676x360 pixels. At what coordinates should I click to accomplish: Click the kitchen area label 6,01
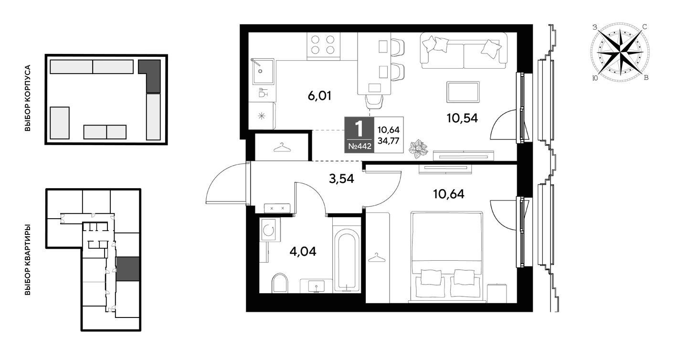[319, 95]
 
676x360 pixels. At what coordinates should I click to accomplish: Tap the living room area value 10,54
[462, 118]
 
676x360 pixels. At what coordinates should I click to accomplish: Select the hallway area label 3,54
[341, 179]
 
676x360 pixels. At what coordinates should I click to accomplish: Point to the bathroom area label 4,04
[303, 251]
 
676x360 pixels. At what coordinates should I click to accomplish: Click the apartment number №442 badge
[359, 147]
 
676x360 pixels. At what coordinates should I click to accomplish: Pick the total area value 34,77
[389, 141]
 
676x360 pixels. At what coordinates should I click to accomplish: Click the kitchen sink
[263, 72]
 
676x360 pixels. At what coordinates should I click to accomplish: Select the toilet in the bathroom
[280, 283]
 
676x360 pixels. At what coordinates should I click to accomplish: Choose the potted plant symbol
[418, 149]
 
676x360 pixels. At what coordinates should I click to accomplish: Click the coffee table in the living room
[463, 92]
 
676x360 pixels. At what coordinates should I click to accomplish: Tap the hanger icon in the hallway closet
[282, 148]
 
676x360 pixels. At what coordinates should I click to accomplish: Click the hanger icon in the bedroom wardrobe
[377, 257]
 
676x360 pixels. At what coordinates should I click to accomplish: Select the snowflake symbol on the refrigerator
[261, 116]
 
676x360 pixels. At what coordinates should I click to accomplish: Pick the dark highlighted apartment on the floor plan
[127, 269]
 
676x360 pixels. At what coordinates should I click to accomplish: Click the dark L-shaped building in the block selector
[150, 76]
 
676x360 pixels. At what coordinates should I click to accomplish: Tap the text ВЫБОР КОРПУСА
[28, 98]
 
